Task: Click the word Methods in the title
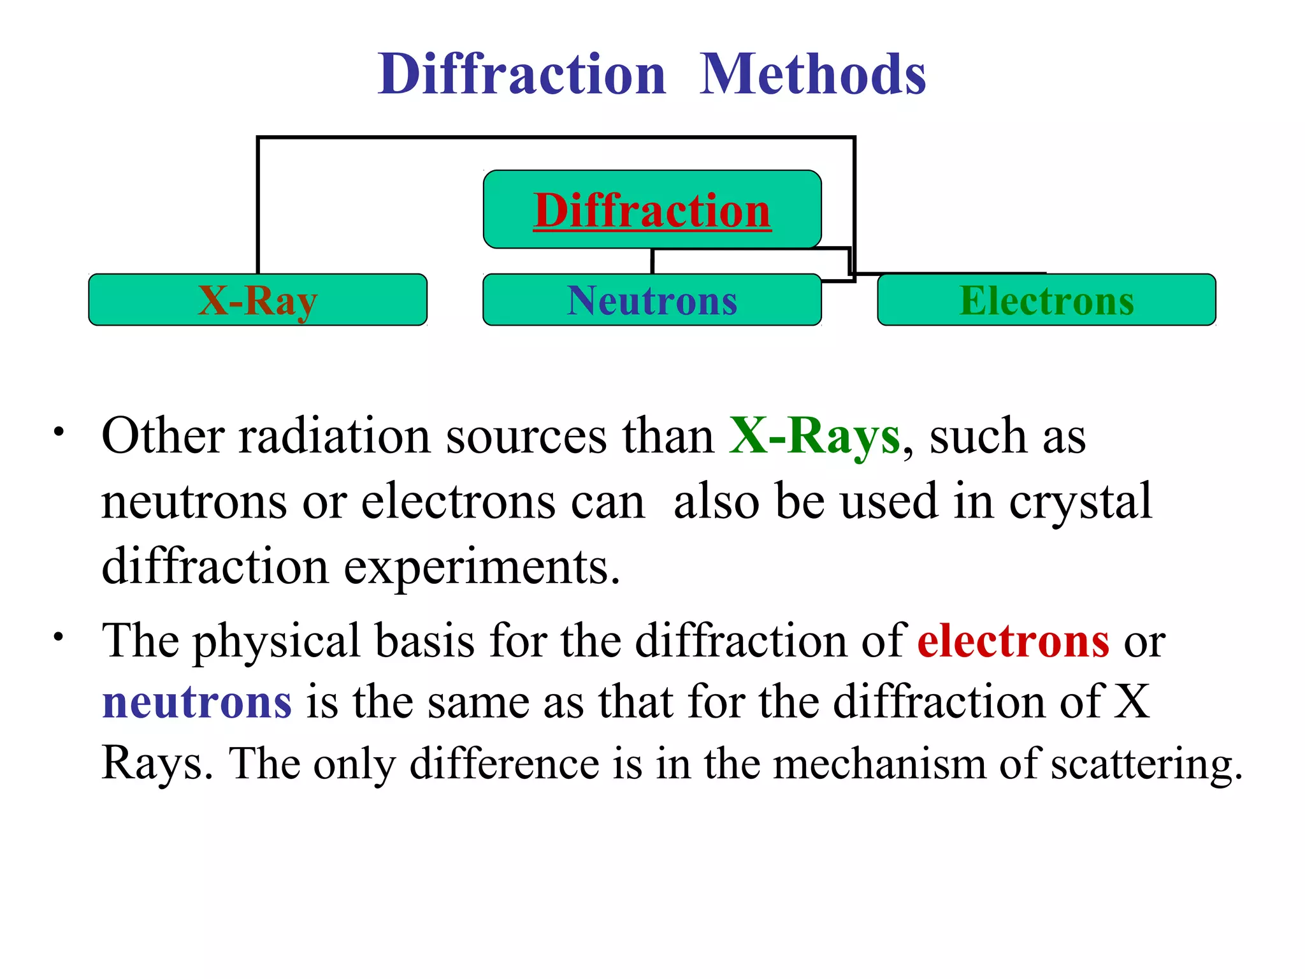point(812,75)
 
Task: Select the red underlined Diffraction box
point(652,210)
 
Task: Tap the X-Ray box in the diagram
point(257,300)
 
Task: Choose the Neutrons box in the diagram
point(652,300)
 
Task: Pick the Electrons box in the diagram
point(1046,300)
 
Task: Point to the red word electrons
point(1013,641)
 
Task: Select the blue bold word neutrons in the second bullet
point(197,702)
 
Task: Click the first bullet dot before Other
point(59,432)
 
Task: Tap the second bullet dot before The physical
point(59,636)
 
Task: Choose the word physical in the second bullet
point(277,642)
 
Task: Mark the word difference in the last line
point(504,764)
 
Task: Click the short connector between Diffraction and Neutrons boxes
point(652,261)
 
